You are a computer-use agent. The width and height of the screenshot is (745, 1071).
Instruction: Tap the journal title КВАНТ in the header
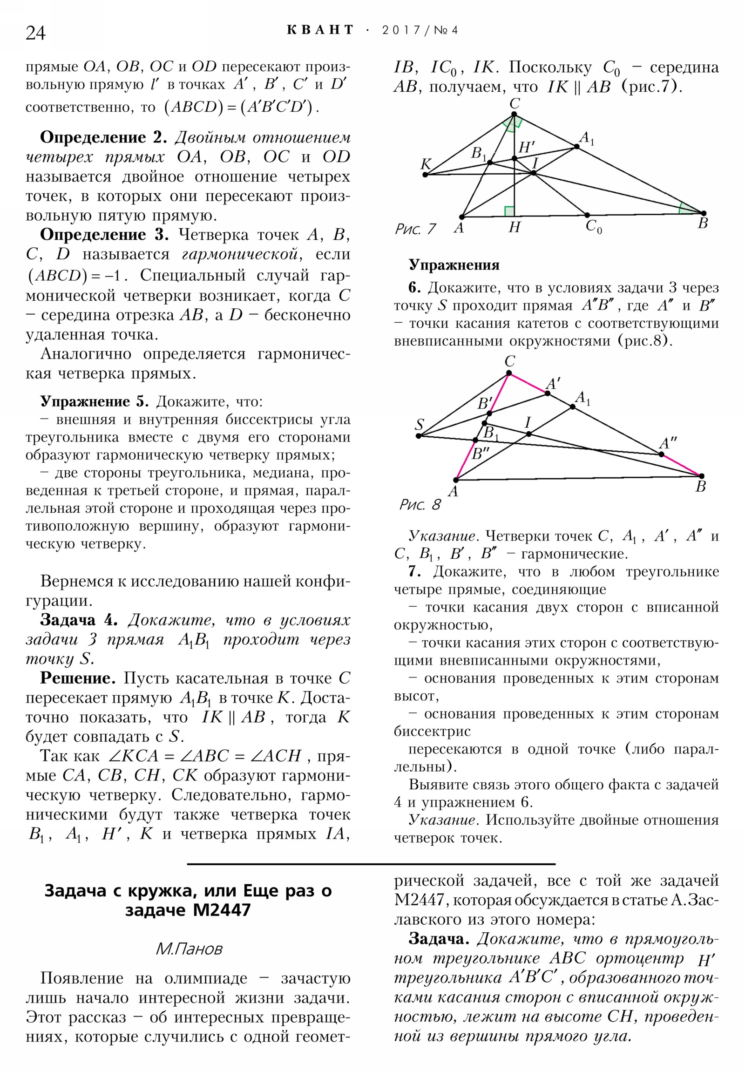[320, 30]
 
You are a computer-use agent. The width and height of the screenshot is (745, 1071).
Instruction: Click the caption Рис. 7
[415, 229]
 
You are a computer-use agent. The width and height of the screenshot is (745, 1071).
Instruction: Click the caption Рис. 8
[420, 505]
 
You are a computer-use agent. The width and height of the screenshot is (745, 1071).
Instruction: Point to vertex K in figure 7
[425, 175]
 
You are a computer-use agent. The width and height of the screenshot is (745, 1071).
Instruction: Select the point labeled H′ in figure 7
[514, 159]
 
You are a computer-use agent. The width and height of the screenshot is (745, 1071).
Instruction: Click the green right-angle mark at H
[509, 211]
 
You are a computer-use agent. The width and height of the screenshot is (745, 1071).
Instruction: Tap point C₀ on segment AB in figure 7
[587, 215]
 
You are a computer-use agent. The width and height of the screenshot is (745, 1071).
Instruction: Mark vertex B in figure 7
[704, 213]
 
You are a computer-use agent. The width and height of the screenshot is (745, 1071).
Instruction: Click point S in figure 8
[419, 436]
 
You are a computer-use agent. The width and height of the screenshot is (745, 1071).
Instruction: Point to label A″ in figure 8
[668, 443]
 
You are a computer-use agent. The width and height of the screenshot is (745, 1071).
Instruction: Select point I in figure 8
[528, 434]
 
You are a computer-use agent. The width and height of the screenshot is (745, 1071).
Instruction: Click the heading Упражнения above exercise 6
[454, 265]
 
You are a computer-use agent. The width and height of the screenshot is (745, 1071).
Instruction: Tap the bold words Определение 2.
[103, 137]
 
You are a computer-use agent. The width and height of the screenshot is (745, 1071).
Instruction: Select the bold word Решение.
[77, 678]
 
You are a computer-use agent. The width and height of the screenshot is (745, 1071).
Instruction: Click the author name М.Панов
[189, 949]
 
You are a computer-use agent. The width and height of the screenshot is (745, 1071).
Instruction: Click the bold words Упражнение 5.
[94, 401]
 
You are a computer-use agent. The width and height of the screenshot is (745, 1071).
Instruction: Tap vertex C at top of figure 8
[508, 373]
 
